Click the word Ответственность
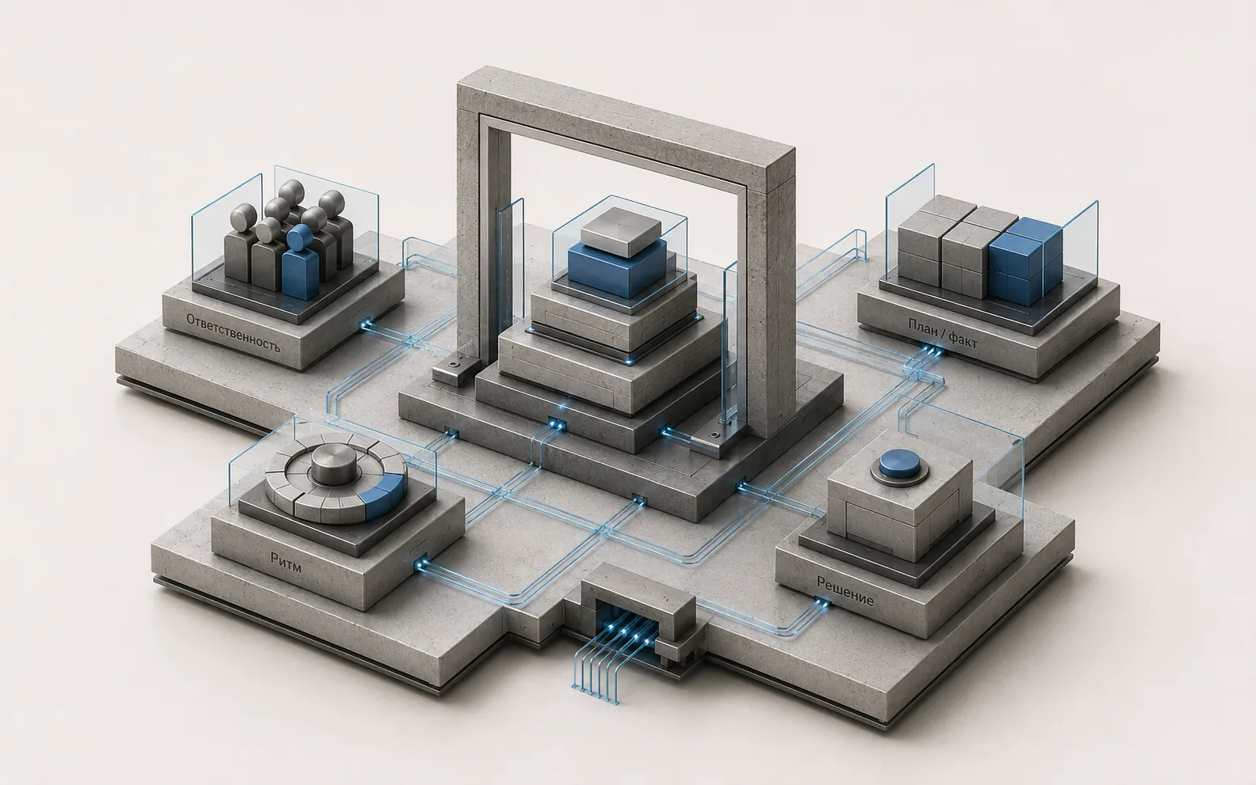(233, 333)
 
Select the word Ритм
(286, 563)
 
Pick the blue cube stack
(1026, 261)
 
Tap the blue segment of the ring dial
(383, 495)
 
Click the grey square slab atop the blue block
(622, 231)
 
